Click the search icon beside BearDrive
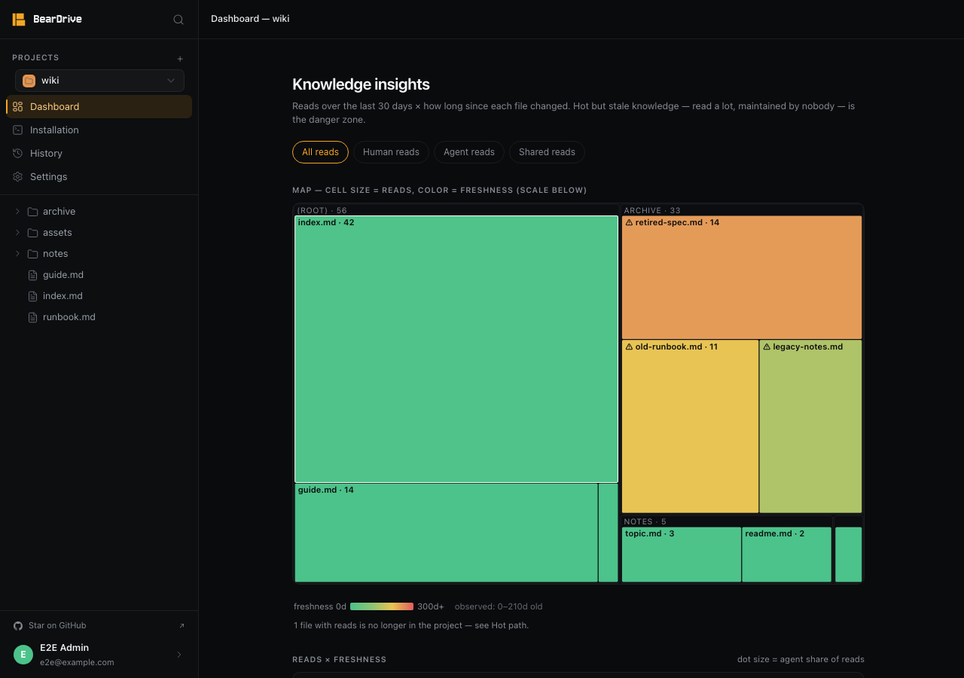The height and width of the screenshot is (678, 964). point(178,20)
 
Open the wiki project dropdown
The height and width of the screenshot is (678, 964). point(99,81)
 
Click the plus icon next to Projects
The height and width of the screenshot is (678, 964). point(180,59)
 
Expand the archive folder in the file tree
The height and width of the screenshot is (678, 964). point(17,212)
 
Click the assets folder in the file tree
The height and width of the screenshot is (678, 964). point(56,233)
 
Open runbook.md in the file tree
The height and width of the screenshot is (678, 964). point(69,317)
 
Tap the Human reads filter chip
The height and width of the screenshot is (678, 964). point(391,152)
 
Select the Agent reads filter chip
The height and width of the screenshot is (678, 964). point(468,152)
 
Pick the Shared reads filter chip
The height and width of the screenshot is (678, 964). point(547,152)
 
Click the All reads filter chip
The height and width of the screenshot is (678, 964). point(320,152)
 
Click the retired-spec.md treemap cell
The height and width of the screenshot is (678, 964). point(742,277)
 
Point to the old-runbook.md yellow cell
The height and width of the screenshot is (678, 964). point(690,426)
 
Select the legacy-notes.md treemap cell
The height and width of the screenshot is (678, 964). point(810,426)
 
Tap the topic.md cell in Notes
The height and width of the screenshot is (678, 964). point(682,554)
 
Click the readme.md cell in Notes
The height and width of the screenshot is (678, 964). point(786,554)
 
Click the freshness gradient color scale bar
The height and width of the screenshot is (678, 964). point(382,606)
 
